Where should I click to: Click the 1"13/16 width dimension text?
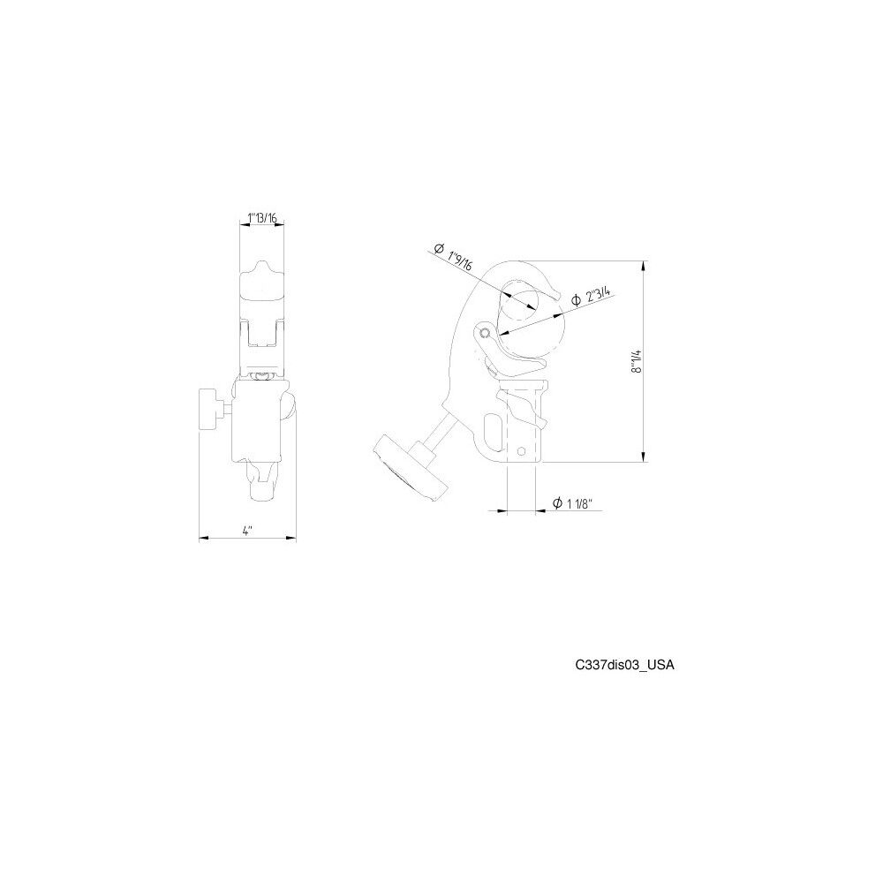262,218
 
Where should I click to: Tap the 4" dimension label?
247,531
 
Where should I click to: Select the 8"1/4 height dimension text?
637,361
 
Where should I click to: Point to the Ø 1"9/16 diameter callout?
453,257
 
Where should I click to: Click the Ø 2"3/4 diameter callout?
591,295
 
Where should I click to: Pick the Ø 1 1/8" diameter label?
570,503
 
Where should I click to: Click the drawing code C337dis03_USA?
624,665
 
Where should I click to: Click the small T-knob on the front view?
211,410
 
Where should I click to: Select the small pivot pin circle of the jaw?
485,333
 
